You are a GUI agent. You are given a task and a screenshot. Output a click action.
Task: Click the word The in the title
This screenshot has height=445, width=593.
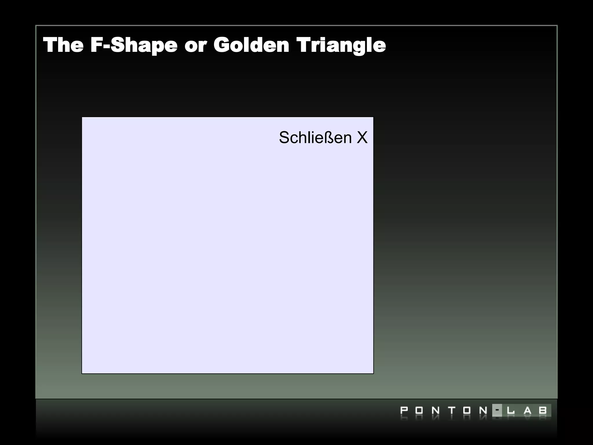click(x=63, y=45)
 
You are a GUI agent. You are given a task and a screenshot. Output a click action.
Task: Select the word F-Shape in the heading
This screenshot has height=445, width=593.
click(x=133, y=45)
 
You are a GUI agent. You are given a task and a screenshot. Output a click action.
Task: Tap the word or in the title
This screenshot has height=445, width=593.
click(x=195, y=46)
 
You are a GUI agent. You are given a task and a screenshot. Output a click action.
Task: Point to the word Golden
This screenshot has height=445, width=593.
click(x=251, y=45)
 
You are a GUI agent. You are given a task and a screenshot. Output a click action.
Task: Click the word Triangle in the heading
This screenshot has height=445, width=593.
click(x=341, y=46)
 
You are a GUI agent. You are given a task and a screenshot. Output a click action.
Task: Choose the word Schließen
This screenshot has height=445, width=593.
click(x=315, y=137)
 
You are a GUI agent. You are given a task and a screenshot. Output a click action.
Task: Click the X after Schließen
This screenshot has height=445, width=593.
click(x=362, y=137)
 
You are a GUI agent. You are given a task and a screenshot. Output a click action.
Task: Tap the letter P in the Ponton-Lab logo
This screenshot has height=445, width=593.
click(x=404, y=411)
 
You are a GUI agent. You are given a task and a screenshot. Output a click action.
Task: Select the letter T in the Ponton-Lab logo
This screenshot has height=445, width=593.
click(x=451, y=411)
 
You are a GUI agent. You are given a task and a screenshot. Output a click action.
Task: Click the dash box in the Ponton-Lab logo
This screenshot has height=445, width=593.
click(x=497, y=410)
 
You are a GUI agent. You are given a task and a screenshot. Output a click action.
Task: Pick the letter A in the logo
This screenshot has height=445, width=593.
click(x=528, y=411)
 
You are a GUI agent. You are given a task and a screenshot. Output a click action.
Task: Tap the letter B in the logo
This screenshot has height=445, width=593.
click(x=543, y=411)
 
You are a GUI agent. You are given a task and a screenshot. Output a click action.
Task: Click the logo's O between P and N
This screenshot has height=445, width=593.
click(x=419, y=411)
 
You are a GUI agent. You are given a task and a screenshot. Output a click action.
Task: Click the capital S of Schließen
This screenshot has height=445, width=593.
click(x=284, y=137)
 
